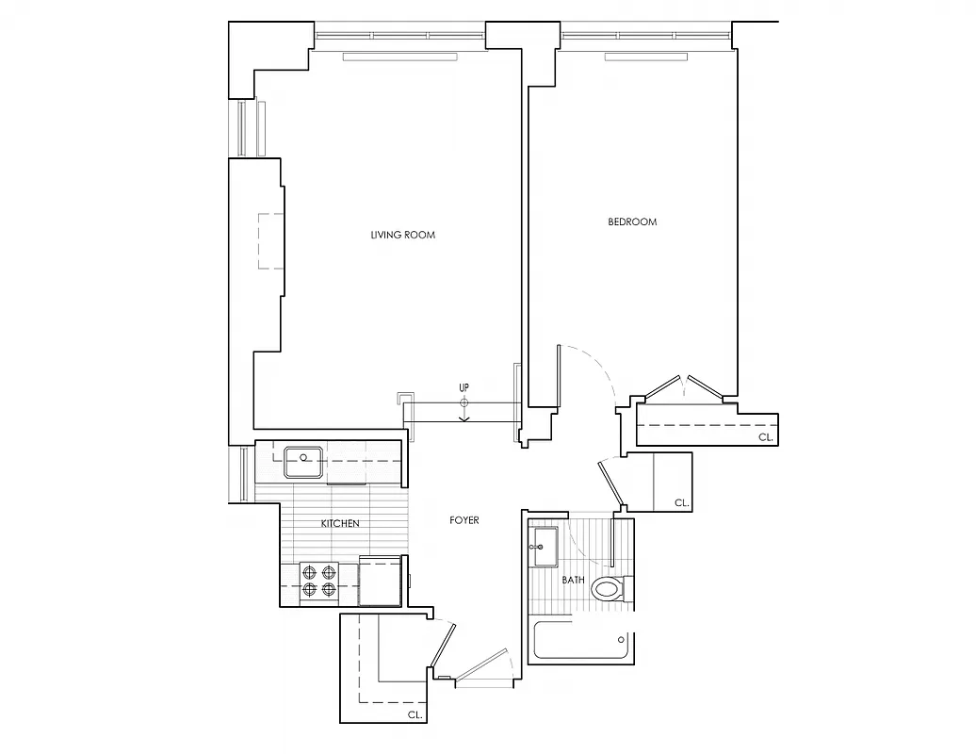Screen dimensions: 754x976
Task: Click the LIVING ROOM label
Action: pyautogui.click(x=403, y=235)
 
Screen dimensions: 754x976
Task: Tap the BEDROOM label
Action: pyautogui.click(x=632, y=222)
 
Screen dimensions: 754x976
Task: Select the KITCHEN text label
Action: pyautogui.click(x=340, y=524)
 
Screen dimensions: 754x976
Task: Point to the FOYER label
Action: pyautogui.click(x=464, y=520)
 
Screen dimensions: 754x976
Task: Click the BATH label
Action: pyautogui.click(x=573, y=581)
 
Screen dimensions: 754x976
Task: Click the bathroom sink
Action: pyautogui.click(x=545, y=546)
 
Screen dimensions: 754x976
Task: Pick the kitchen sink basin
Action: pyautogui.click(x=304, y=461)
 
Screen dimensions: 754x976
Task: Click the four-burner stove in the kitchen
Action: pyautogui.click(x=319, y=581)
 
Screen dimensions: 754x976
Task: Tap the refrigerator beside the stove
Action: pyautogui.click(x=382, y=582)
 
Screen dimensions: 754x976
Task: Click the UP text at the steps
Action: pyautogui.click(x=464, y=387)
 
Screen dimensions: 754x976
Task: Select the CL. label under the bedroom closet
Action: pyautogui.click(x=765, y=437)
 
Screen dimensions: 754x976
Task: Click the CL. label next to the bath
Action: pyautogui.click(x=681, y=504)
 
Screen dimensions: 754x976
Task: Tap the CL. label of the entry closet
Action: pyautogui.click(x=415, y=715)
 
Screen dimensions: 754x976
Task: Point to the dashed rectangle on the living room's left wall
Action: pyautogui.click(x=270, y=241)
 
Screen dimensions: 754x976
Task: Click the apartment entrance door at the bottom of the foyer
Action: pyautogui.click(x=482, y=666)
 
